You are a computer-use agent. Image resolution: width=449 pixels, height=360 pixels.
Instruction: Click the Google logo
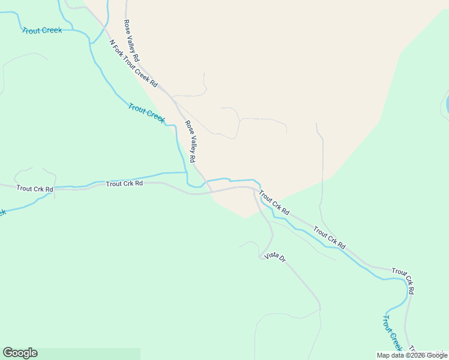(x=20, y=353)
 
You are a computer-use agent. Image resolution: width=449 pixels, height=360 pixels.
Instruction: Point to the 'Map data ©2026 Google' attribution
(x=412, y=355)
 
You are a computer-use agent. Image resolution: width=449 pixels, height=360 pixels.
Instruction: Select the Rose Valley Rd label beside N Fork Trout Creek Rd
(x=131, y=41)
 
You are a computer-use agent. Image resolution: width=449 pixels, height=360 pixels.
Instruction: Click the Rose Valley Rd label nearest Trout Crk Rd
(x=190, y=142)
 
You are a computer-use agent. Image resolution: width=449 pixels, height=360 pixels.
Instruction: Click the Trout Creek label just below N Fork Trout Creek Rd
(x=146, y=113)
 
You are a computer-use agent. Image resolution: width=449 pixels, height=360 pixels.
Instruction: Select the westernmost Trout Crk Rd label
(x=35, y=188)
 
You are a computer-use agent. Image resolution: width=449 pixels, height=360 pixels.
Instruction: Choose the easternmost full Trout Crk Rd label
(x=403, y=281)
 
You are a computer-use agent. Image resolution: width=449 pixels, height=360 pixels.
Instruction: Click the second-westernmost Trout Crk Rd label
(x=124, y=184)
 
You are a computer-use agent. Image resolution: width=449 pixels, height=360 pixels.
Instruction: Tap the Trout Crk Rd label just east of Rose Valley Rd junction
(x=274, y=203)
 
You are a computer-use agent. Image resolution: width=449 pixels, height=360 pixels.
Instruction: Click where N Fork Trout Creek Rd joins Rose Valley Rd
(x=173, y=97)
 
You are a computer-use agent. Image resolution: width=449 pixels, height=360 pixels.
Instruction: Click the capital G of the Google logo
(x=8, y=353)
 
